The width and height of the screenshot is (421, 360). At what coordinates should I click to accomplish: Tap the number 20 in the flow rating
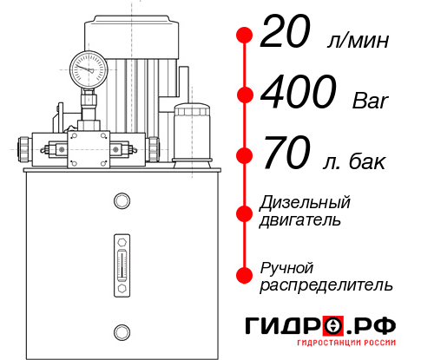tap(286, 36)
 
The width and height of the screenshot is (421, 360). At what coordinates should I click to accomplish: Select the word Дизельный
tap(306, 202)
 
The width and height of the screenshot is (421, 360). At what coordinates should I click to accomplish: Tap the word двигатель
tap(300, 220)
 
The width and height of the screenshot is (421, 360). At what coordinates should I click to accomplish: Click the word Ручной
tap(287, 267)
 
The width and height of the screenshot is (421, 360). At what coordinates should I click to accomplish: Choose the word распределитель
tap(326, 285)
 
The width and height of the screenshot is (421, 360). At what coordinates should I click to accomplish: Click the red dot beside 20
tap(244, 36)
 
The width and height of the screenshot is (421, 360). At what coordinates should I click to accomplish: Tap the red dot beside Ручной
tap(244, 274)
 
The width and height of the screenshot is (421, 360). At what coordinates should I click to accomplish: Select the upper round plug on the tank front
tap(121, 202)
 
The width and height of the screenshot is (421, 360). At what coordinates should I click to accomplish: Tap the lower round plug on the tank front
tap(121, 331)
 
